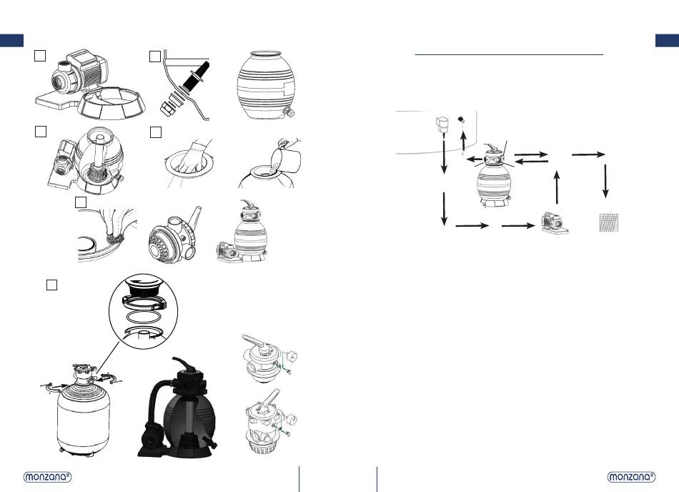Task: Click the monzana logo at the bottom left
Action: click(47, 477)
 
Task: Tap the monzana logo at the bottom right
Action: click(631, 477)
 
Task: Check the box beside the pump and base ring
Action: click(40, 56)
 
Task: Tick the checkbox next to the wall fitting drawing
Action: click(155, 56)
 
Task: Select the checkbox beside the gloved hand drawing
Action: click(156, 132)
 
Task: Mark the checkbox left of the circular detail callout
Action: click(51, 285)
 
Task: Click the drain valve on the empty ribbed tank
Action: click(288, 112)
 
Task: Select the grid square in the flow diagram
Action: click(609, 222)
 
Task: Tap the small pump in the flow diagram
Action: click(555, 223)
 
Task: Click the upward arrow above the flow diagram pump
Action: click(557, 187)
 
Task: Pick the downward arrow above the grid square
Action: click(605, 181)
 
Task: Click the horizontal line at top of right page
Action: click(509, 55)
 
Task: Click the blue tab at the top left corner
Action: click(11, 40)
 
